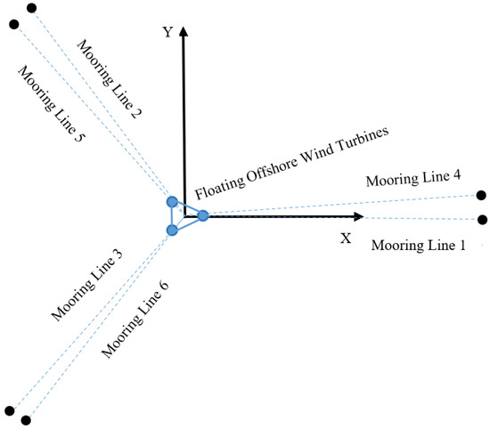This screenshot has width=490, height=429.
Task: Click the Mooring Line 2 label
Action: click(x=113, y=79)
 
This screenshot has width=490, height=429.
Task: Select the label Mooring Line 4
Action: click(x=412, y=179)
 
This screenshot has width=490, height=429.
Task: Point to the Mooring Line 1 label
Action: click(x=418, y=244)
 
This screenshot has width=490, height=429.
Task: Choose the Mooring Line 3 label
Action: click(x=86, y=286)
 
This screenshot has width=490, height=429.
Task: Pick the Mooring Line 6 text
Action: click(x=135, y=318)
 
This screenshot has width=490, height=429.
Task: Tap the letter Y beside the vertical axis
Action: click(x=166, y=32)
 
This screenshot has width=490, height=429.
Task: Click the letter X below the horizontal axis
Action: click(x=346, y=239)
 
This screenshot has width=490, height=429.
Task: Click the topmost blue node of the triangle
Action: click(x=173, y=202)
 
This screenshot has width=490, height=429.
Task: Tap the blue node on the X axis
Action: click(x=203, y=215)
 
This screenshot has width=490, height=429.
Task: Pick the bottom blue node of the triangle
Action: click(x=172, y=231)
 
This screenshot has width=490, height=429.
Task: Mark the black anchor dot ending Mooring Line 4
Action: click(x=482, y=196)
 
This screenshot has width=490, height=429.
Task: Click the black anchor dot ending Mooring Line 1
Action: click(x=482, y=219)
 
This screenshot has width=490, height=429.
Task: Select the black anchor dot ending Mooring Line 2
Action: click(x=32, y=9)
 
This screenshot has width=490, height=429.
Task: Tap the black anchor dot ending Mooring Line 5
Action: click(x=13, y=24)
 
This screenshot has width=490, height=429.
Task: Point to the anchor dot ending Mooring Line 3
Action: click(x=10, y=410)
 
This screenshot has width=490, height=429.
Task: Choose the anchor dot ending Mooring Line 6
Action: click(x=27, y=419)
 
